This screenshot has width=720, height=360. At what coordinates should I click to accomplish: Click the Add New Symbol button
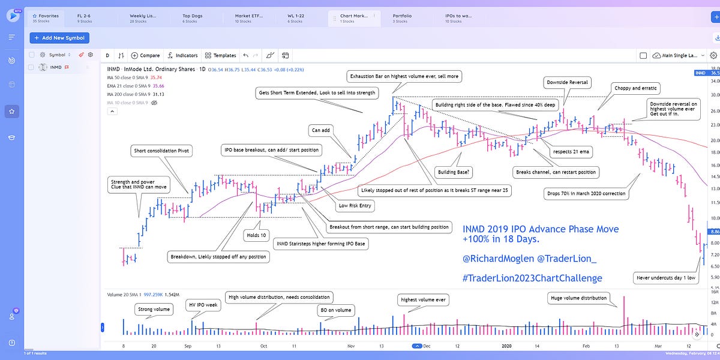tap(59, 38)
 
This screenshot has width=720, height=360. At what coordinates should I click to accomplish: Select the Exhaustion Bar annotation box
tap(405, 76)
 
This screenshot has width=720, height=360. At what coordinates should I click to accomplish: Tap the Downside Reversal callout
tap(567, 82)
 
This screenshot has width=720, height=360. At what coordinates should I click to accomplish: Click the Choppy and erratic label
tap(636, 88)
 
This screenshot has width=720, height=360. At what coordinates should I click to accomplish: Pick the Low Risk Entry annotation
tap(355, 206)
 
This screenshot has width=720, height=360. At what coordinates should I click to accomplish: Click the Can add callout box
tap(321, 130)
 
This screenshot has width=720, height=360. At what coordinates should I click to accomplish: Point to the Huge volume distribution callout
tap(579, 298)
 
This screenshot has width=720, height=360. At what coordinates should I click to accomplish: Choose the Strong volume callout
tap(154, 310)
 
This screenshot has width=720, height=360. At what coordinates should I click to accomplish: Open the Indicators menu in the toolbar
tap(183, 55)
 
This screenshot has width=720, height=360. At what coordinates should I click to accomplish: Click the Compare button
tap(146, 55)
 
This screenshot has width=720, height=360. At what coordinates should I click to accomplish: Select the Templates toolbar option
tap(221, 55)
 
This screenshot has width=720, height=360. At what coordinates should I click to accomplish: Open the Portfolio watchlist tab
tap(402, 16)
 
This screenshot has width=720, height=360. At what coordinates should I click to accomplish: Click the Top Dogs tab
tap(192, 16)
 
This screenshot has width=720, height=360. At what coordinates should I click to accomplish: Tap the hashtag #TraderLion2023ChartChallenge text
tap(532, 278)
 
